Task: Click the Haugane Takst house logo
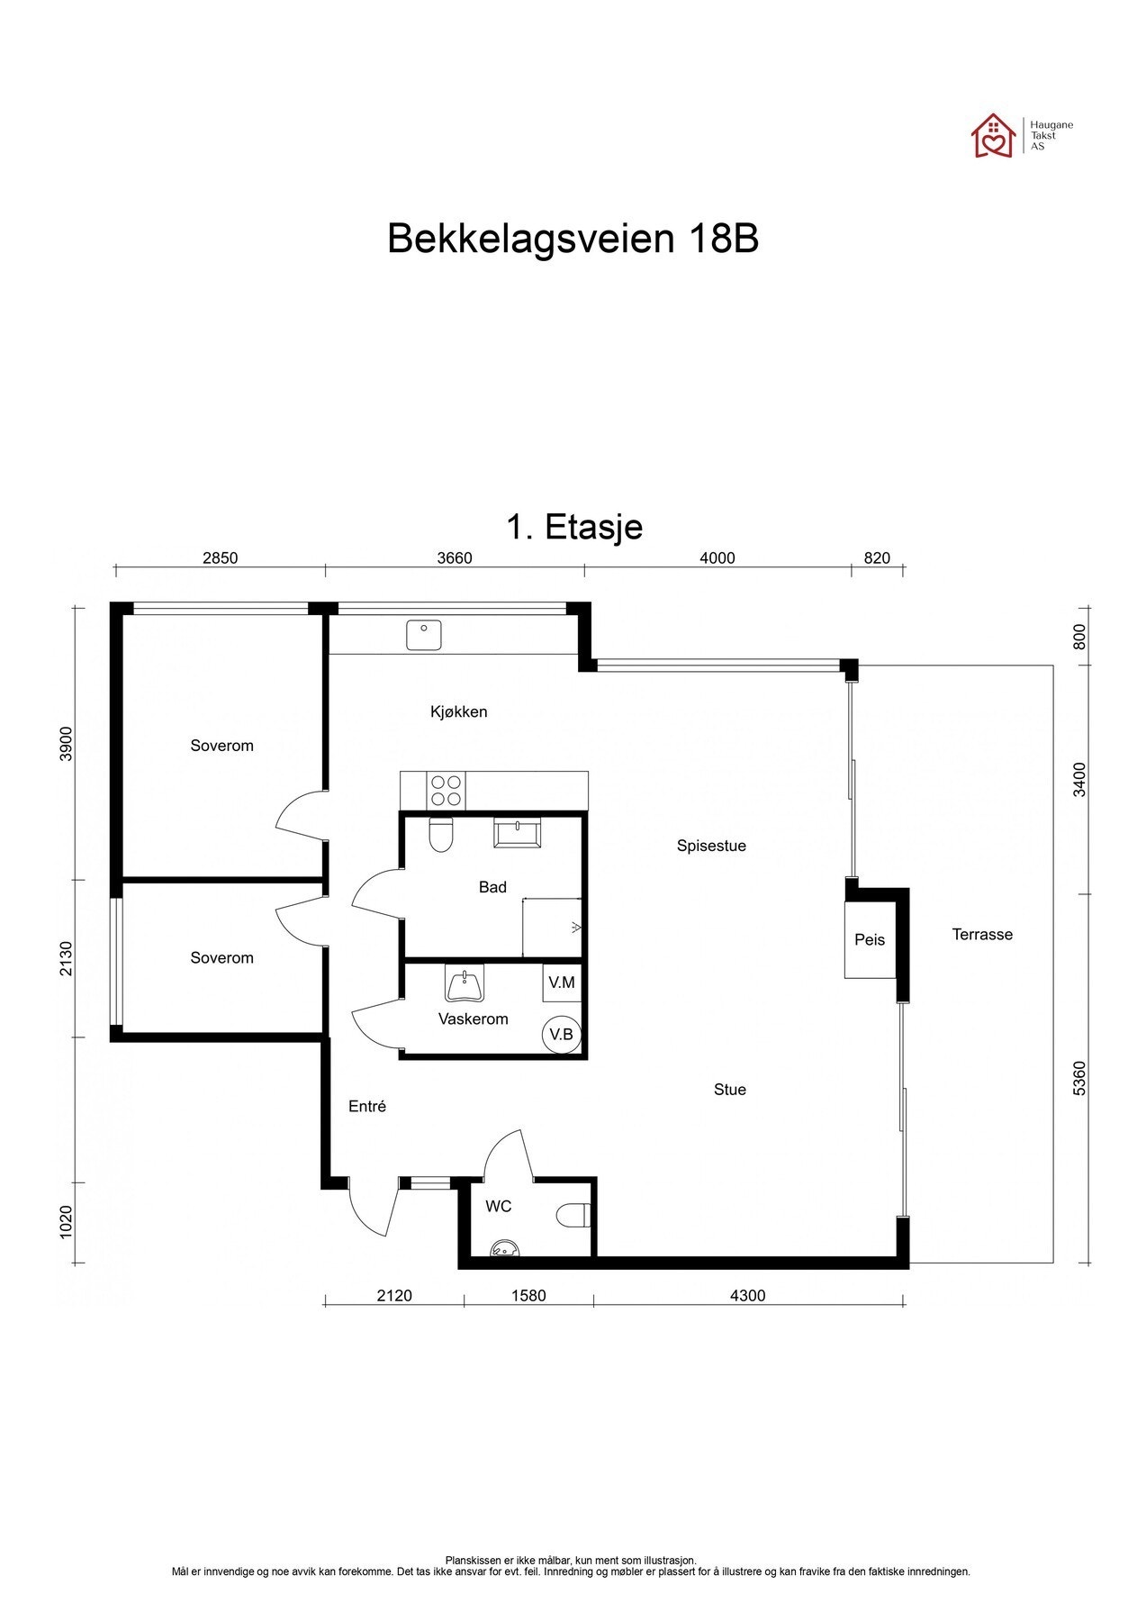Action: pyautogui.click(x=992, y=136)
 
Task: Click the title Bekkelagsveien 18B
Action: pyautogui.click(x=573, y=240)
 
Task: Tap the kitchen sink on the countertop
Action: pyautogui.click(x=423, y=635)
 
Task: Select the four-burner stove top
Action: pyautogui.click(x=447, y=791)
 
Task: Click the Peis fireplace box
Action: pyautogui.click(x=870, y=939)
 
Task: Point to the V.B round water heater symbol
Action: pyautogui.click(x=561, y=1034)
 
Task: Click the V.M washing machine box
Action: pyautogui.click(x=561, y=983)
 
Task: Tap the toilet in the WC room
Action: pyautogui.click(x=573, y=1216)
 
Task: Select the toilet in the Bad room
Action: pyautogui.click(x=440, y=834)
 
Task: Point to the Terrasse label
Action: pyautogui.click(x=982, y=935)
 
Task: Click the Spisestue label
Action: pyautogui.click(x=711, y=846)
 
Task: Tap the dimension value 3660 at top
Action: pyautogui.click(x=455, y=557)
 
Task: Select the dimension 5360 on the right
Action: pyautogui.click(x=1080, y=1077)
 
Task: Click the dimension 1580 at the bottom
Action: pyautogui.click(x=528, y=1296)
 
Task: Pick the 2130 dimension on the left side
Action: pyautogui.click(x=65, y=958)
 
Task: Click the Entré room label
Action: pyautogui.click(x=367, y=1107)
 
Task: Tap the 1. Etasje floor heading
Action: pyautogui.click(x=574, y=527)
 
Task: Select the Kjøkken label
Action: pyautogui.click(x=458, y=711)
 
